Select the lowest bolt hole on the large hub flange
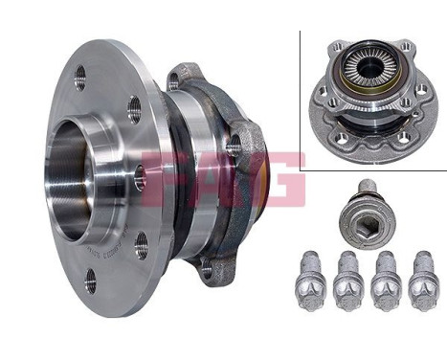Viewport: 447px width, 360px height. (x=91, y=279)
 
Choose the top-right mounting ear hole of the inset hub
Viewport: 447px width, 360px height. (x=407, y=46)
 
